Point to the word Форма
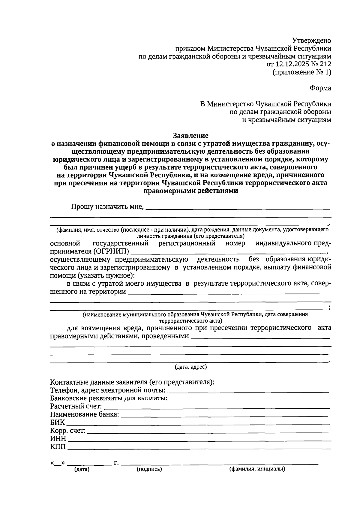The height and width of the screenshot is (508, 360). tap(320, 88)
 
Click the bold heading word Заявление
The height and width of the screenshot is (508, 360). tap(190, 136)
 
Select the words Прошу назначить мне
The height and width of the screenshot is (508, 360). tap(107, 207)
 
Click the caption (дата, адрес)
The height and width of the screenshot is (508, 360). tap(190, 367)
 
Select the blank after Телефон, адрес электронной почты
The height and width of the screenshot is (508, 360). tap(247, 391)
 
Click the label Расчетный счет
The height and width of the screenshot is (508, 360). tap(76, 407)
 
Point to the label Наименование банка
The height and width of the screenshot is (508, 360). tap(84, 415)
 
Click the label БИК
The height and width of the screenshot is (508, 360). tap(57, 422)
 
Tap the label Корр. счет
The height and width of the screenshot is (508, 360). tap(68, 431)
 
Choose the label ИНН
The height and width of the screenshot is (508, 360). tap(58, 439)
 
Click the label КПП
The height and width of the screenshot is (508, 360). tap(58, 447)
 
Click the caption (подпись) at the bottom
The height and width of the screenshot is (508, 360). tap(149, 469)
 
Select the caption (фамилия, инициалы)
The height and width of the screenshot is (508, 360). tap(257, 469)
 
